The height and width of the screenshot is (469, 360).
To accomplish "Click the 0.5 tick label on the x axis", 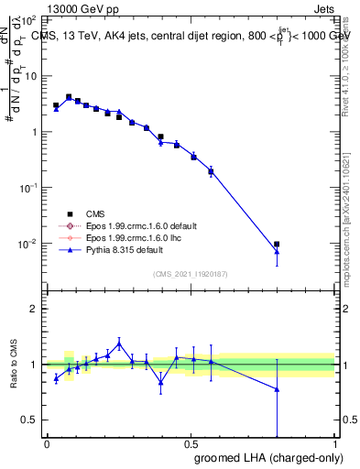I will point(191,444).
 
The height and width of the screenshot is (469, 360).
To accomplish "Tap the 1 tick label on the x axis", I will point(335,444).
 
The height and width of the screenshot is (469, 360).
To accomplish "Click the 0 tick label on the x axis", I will point(47,444).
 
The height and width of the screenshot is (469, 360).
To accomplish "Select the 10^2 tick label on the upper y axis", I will point(27,19).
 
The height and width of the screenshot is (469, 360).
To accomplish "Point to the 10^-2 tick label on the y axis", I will point(27,244).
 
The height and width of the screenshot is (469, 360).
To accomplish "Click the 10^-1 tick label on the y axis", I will point(27,188).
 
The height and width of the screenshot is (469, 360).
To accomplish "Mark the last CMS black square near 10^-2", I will point(277,245).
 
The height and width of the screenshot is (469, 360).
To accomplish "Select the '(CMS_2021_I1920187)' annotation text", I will point(191,273).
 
